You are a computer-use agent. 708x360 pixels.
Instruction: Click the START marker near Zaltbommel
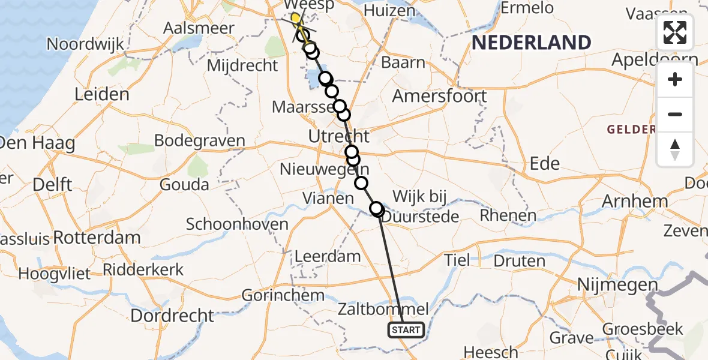[406, 329]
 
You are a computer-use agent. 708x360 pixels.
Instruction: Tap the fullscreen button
[675, 32]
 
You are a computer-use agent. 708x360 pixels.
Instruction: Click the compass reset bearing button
[675, 149]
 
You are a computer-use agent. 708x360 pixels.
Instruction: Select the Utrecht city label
[338, 136]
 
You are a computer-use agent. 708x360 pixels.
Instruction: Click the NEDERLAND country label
[531, 43]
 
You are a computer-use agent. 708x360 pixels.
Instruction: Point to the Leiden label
[102, 94]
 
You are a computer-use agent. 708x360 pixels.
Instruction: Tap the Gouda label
[184, 184]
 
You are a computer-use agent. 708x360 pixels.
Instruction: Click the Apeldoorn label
[655, 60]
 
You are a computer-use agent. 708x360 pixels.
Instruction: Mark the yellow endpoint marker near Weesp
[295, 19]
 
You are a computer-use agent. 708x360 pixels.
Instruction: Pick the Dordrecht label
[172, 315]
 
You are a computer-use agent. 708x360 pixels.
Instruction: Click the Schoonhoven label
[237, 224]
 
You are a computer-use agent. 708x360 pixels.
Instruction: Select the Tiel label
[457, 260]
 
